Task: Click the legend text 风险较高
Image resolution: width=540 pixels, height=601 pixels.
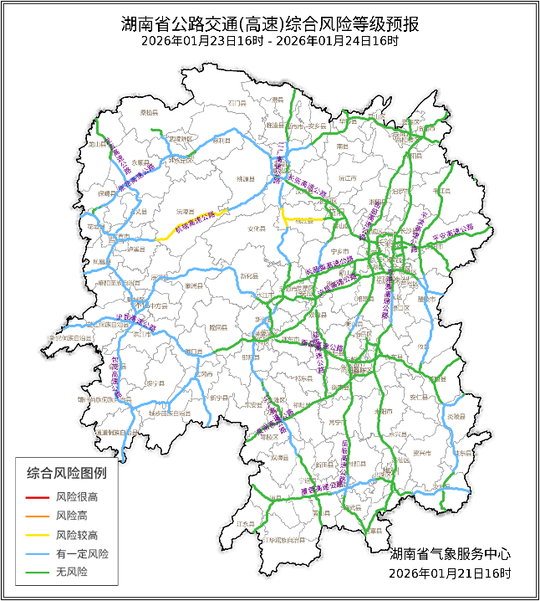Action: pyautogui.click(x=77, y=535)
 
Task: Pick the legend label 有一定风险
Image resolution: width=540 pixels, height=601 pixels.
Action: pyautogui.click(x=82, y=554)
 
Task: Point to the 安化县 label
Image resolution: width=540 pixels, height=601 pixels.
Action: pyautogui.click(x=256, y=228)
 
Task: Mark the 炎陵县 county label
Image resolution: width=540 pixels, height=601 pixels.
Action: pyautogui.click(x=456, y=416)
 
